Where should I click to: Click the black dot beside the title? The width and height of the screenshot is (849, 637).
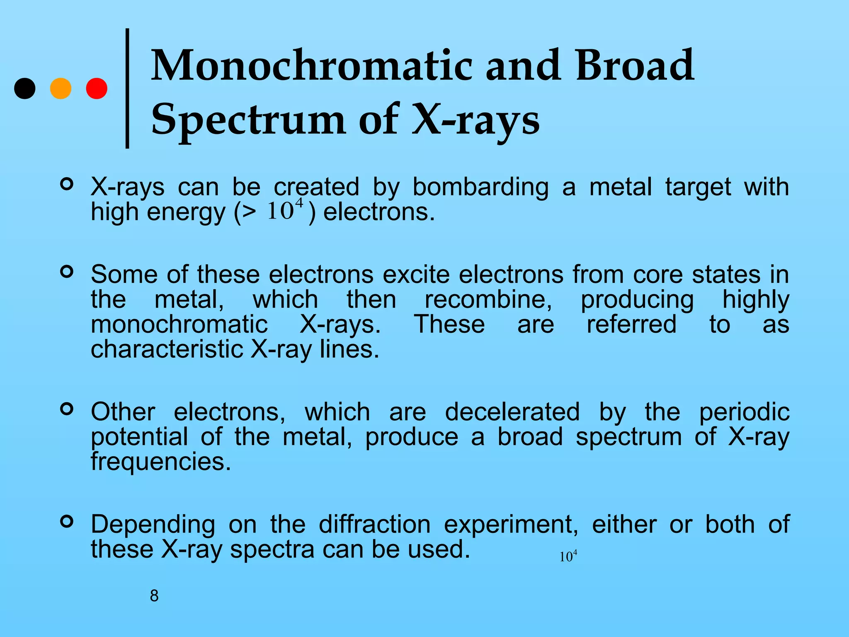point(25,88)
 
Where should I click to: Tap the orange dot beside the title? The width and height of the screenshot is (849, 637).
point(61,88)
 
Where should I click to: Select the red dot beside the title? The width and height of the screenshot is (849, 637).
point(97,88)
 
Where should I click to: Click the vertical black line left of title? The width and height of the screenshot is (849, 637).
point(127,88)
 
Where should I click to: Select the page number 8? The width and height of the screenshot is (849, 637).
point(154,596)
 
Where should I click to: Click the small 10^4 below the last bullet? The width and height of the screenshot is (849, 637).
point(568,556)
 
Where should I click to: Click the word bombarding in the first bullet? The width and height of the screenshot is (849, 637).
point(480,187)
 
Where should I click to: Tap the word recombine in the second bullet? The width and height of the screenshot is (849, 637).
point(488,299)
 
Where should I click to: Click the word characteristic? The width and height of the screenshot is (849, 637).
point(167,349)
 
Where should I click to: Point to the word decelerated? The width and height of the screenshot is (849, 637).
point(512,412)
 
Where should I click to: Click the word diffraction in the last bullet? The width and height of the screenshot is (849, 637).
point(375,524)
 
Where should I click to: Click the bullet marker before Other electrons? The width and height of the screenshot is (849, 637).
point(66,409)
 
